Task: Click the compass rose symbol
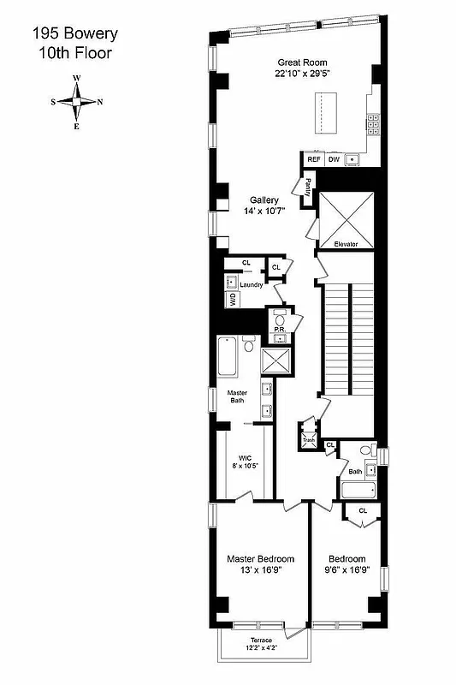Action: [77, 102]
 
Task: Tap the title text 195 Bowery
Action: [75, 34]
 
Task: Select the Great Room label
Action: [303, 63]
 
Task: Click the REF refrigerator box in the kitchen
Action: [314, 160]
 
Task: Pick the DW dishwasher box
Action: [335, 160]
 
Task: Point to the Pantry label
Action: [305, 184]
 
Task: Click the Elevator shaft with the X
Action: [346, 217]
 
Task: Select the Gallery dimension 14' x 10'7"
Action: [264, 211]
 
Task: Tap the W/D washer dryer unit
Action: [231, 300]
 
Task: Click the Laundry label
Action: [251, 284]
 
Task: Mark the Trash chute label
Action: [308, 440]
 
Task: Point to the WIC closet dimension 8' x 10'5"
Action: [246, 466]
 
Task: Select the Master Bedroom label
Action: [260, 559]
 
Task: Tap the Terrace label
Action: [262, 640]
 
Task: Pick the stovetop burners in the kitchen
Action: [374, 126]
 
